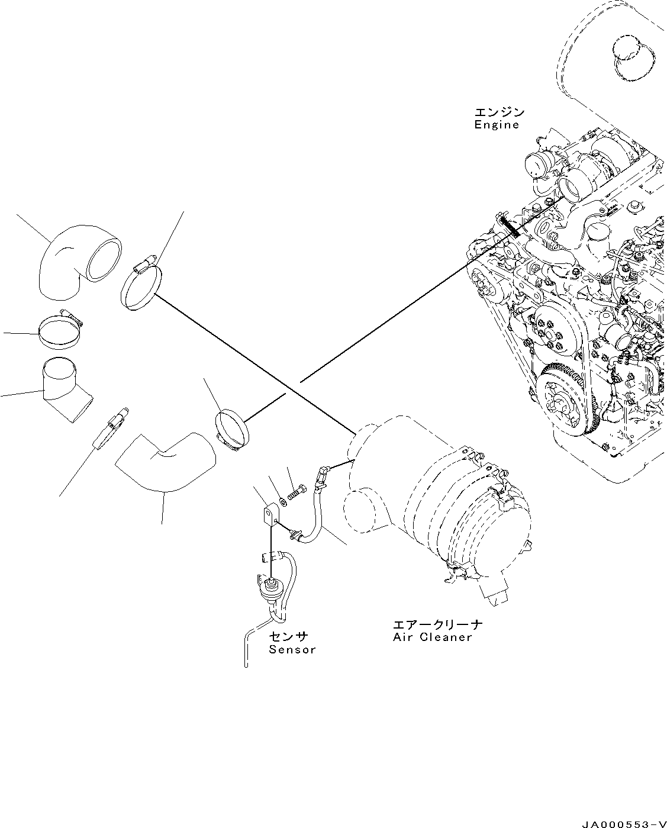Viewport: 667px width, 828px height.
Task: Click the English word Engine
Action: tap(497, 125)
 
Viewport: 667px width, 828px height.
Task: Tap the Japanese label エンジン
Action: tap(499, 112)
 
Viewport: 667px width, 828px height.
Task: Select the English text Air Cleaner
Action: tap(432, 637)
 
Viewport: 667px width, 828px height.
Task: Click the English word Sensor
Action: tap(292, 650)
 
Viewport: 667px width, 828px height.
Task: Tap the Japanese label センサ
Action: tap(289, 636)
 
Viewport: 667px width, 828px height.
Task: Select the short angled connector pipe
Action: tap(65, 391)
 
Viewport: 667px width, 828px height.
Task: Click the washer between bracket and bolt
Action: tap(283, 502)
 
